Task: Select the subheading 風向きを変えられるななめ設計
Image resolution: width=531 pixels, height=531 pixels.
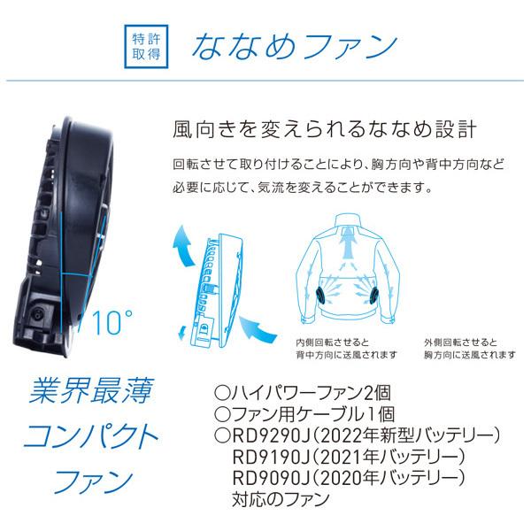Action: [324, 130]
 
